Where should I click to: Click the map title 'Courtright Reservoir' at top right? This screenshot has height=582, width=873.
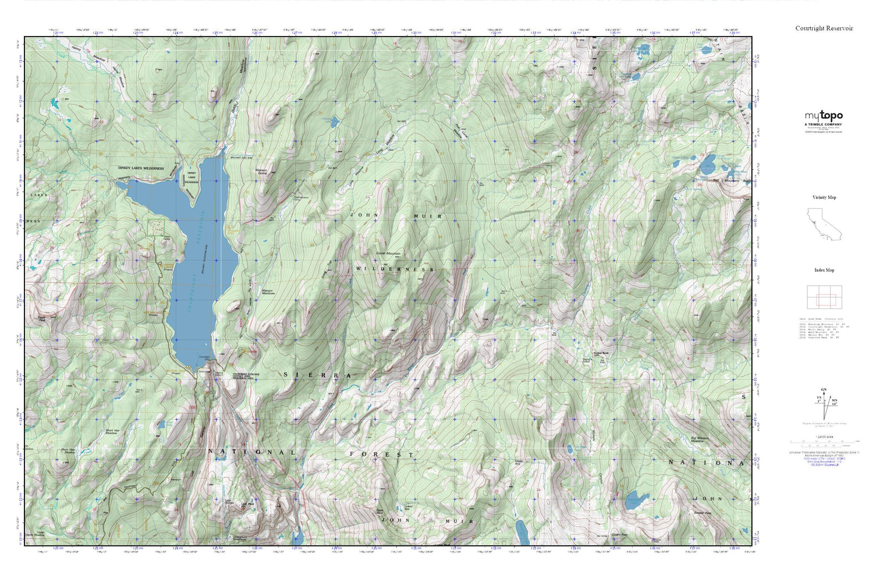tap(824, 28)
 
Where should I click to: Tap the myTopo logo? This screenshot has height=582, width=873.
tap(824, 116)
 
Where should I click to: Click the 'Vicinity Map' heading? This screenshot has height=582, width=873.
tap(824, 197)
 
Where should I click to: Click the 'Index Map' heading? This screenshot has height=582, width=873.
tap(824, 270)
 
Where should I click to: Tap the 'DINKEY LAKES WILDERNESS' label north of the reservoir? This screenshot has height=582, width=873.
tap(141, 168)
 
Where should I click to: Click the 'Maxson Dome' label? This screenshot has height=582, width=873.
tap(261, 172)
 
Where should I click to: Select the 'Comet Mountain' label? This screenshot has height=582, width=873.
tap(388, 254)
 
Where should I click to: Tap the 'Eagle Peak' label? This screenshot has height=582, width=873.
tap(42, 318)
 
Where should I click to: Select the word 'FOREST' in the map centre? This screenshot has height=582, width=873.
tap(382, 454)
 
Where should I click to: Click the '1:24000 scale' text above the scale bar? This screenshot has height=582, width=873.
tap(824, 437)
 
